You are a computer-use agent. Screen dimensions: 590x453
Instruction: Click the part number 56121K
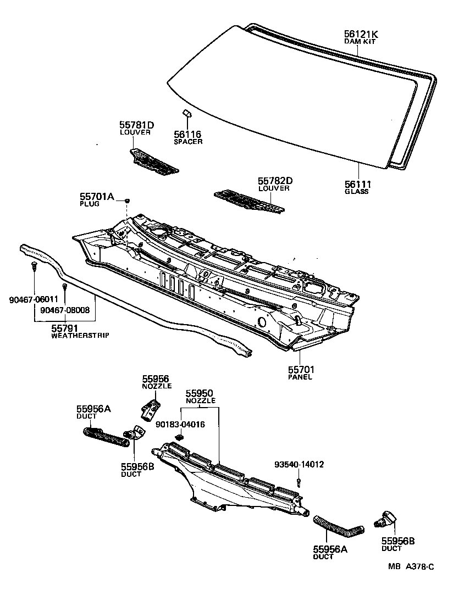[x=361, y=34]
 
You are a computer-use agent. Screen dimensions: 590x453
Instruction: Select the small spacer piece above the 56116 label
[x=186, y=113]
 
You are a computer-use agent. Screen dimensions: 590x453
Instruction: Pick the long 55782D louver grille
[x=250, y=201]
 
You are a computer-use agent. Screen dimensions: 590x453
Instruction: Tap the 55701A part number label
[x=97, y=196]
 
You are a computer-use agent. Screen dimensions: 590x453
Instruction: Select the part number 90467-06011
[x=34, y=299]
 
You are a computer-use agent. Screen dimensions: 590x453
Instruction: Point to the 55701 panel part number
[x=300, y=370]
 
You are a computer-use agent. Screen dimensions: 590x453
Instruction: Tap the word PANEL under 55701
[x=300, y=377]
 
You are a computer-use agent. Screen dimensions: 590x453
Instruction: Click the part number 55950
[x=199, y=393]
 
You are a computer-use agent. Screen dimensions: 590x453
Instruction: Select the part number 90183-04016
[x=180, y=424]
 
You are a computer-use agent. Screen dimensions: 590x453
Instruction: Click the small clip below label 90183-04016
[x=179, y=437]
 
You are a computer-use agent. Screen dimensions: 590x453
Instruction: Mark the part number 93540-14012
[x=299, y=465]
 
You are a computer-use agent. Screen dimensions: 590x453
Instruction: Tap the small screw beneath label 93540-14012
[x=299, y=482]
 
